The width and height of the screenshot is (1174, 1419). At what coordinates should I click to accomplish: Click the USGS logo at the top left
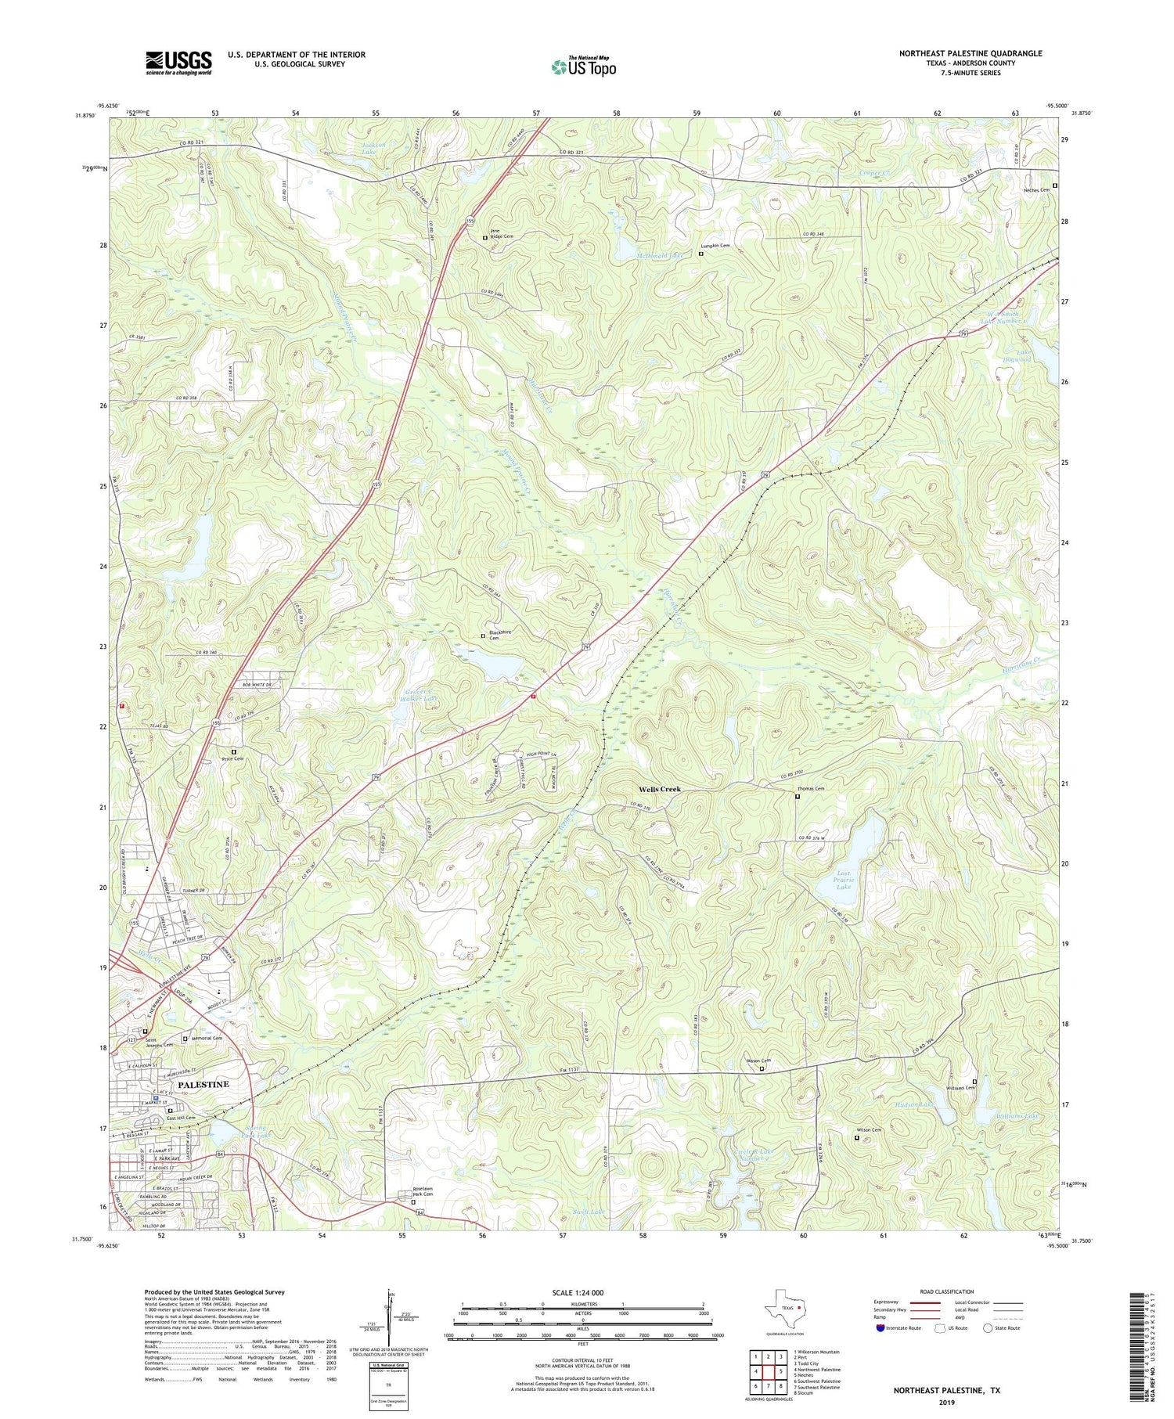click(178, 63)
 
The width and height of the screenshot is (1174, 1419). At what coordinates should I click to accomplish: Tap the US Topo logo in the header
click(584, 67)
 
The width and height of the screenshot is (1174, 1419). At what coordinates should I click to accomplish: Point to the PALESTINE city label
click(203, 1084)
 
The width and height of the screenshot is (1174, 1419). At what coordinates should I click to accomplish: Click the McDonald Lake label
click(660, 255)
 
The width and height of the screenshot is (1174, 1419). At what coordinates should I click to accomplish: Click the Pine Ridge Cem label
click(502, 233)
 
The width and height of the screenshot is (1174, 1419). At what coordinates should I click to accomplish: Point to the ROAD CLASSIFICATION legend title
click(947, 1291)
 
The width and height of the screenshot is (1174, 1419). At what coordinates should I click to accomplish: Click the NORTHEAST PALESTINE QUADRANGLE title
click(971, 53)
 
